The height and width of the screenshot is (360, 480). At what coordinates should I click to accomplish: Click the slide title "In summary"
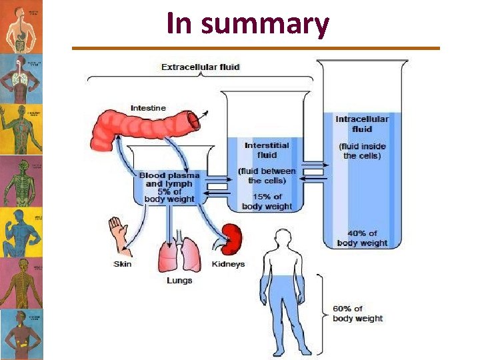[247, 24]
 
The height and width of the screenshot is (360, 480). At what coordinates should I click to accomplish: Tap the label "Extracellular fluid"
[200, 67]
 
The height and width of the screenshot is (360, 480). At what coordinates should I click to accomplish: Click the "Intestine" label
[148, 108]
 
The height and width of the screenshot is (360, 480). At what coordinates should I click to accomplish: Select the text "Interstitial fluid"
[267, 150]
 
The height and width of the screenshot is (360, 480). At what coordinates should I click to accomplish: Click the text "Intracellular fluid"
[362, 124]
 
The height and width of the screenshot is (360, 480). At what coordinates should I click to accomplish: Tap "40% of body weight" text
[362, 238]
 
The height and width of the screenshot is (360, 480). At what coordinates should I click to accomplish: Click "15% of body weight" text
[267, 201]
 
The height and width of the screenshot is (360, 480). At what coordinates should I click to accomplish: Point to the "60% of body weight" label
[357, 313]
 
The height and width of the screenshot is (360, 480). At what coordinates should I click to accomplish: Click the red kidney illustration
[231, 238]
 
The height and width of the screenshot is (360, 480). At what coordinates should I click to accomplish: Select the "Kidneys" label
[228, 264]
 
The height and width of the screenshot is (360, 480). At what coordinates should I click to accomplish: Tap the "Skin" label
[123, 264]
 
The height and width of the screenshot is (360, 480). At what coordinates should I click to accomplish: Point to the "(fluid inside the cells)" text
[362, 151]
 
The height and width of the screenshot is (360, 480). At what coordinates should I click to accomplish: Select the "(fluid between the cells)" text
[267, 175]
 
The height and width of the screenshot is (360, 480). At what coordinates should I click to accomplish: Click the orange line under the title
[256, 48]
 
